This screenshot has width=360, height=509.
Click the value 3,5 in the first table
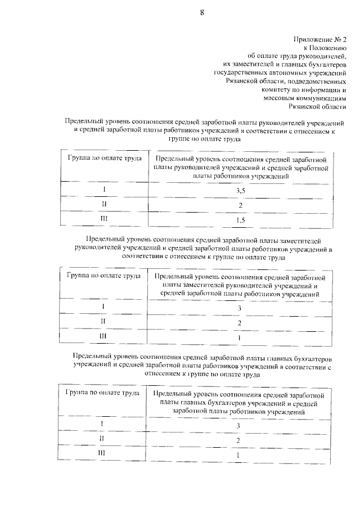pos(240,191)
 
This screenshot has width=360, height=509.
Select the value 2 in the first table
pos(240,205)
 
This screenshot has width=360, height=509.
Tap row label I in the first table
pos(103,190)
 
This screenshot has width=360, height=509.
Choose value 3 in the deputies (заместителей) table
pos(240,308)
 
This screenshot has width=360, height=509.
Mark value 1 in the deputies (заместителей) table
pos(240,337)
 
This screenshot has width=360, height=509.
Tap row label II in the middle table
pos(103,321)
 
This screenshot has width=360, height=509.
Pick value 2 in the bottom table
pos(239,440)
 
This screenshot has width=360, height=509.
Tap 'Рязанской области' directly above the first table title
pos(317,106)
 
